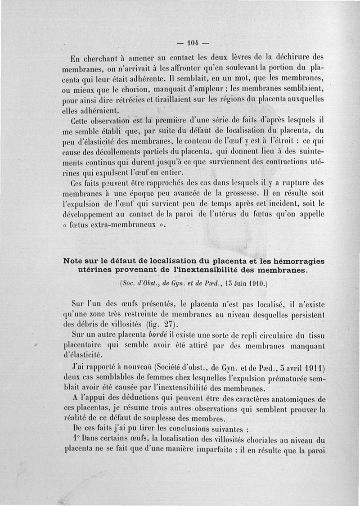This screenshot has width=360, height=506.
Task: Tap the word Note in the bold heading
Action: click(x=75, y=261)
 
